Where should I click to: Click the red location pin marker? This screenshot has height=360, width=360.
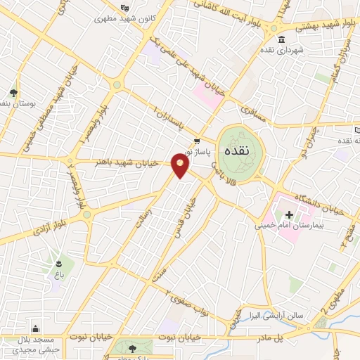(181, 166)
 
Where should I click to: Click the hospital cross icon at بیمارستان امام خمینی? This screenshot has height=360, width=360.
(288, 214)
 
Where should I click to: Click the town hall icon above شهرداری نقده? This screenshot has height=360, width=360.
(282, 39)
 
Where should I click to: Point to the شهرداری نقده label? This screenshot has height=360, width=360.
(282, 51)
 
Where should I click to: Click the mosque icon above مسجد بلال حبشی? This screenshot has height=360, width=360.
(35, 328)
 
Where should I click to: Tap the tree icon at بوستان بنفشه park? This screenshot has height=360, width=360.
(13, 92)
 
